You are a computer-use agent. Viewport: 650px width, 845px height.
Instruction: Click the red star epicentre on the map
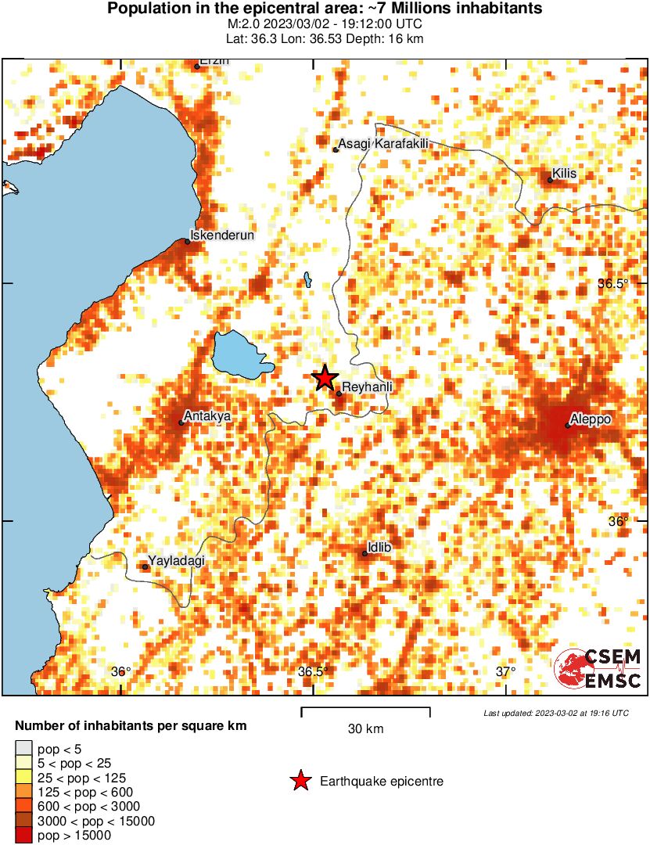pyautogui.click(x=325, y=379)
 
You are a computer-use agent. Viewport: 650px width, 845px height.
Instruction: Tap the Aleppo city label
pyautogui.click(x=591, y=419)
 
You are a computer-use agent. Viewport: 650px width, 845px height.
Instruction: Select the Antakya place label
pyautogui.click(x=206, y=416)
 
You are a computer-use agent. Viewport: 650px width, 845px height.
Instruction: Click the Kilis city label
pyautogui.click(x=564, y=173)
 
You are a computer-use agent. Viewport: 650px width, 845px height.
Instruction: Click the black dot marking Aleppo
pyautogui.click(x=568, y=426)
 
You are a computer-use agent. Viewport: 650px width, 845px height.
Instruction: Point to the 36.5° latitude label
pyautogui.click(x=612, y=283)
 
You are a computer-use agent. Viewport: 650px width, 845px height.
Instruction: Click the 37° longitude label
pyautogui.click(x=505, y=671)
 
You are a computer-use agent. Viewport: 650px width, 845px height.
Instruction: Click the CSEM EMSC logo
pyautogui.click(x=598, y=669)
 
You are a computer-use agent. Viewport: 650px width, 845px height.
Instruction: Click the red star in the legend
pyautogui.click(x=300, y=781)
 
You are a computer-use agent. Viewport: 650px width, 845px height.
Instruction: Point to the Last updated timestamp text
pyautogui.click(x=555, y=714)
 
